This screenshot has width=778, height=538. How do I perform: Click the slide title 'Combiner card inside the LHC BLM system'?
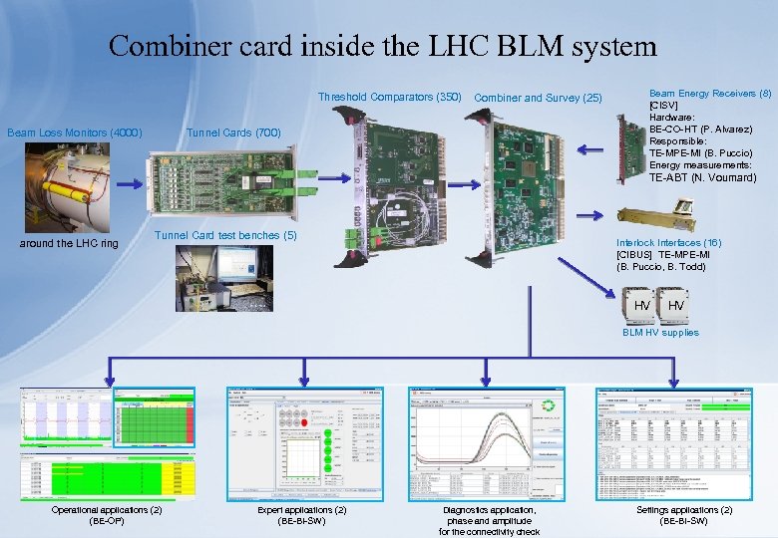point(383,46)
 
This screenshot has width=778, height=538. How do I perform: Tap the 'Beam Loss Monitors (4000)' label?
point(75,133)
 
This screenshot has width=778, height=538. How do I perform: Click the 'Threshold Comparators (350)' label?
point(389,98)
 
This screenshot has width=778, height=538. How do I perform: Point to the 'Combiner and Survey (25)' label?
point(539,98)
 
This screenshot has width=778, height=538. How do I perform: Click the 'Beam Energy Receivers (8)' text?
point(710,94)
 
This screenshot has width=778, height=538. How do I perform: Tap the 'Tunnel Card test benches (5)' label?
point(226,236)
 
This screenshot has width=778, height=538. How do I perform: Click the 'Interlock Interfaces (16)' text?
point(668,243)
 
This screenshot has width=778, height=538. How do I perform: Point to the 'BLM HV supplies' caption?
point(660,333)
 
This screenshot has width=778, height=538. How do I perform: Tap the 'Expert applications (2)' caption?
point(302,515)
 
